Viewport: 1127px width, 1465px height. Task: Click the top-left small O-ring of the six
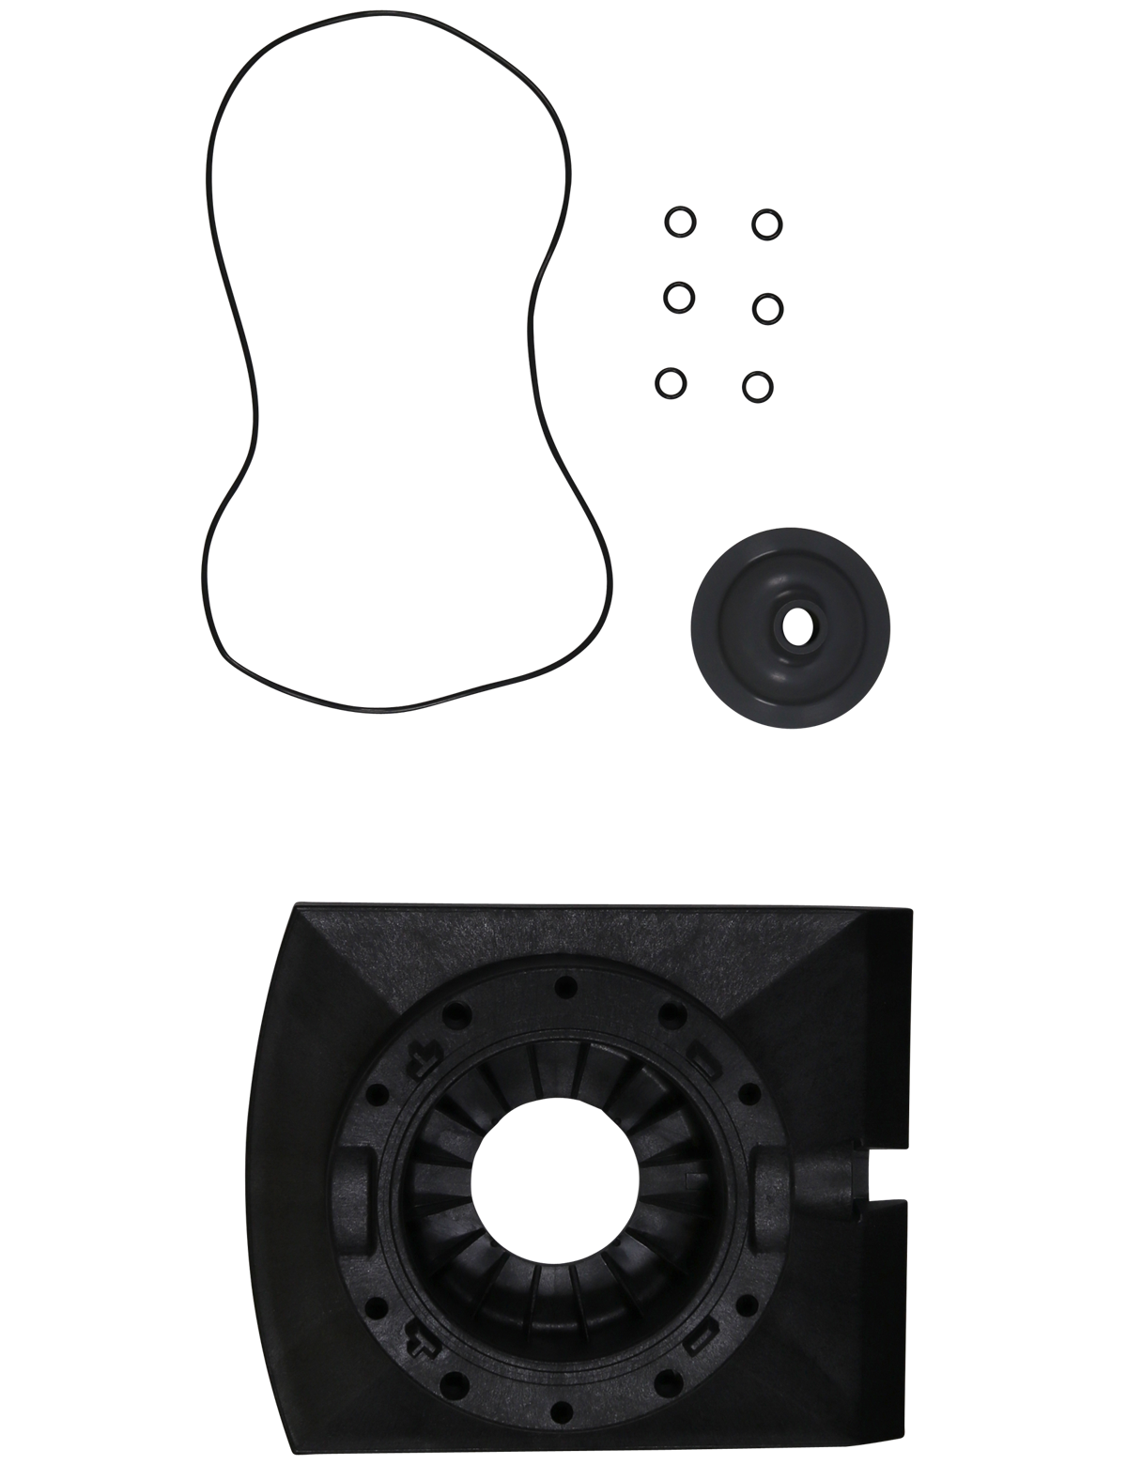click(677, 222)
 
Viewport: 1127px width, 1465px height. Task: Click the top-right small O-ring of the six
click(767, 222)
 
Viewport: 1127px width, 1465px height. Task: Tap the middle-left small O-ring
click(675, 300)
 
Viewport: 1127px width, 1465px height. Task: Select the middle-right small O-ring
click(765, 306)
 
